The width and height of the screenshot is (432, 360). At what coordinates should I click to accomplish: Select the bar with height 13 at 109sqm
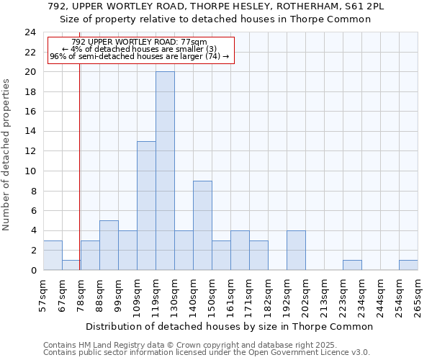pyautogui.click(x=146, y=206)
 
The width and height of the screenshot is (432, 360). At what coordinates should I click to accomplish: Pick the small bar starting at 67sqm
pyautogui.click(x=71, y=265)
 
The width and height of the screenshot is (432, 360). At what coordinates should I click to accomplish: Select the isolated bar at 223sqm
pyautogui.click(x=352, y=265)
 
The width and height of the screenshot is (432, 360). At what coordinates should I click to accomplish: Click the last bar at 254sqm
pyautogui.click(x=408, y=265)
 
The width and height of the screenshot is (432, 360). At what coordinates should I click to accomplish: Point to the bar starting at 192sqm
pyautogui.click(x=296, y=251)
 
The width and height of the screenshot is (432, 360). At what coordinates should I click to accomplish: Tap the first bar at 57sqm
pyautogui.click(x=53, y=256)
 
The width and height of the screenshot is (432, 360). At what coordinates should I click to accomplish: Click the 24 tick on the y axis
pyautogui.click(x=30, y=32)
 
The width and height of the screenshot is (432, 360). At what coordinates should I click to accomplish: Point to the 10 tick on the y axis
pyautogui.click(x=30, y=171)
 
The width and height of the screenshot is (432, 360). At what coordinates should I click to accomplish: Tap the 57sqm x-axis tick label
pyautogui.click(x=43, y=295)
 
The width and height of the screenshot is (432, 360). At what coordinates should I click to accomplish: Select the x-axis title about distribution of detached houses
pyautogui.click(x=234, y=326)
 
